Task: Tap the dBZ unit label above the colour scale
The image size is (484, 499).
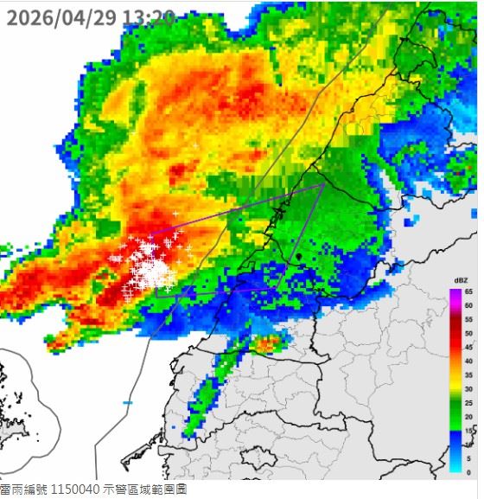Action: tap(462, 281)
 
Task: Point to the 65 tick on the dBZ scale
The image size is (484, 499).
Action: tap(468, 292)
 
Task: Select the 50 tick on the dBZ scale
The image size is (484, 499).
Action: tap(468, 334)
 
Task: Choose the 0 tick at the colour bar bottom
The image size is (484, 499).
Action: tap(468, 472)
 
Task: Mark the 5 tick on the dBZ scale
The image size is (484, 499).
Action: tap(468, 458)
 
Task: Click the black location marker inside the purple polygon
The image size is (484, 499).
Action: tap(298, 256)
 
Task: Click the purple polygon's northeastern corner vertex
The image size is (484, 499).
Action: tap(323, 183)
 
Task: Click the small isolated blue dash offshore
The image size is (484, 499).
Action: tap(128, 403)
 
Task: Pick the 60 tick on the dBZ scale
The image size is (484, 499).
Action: tap(468, 306)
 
